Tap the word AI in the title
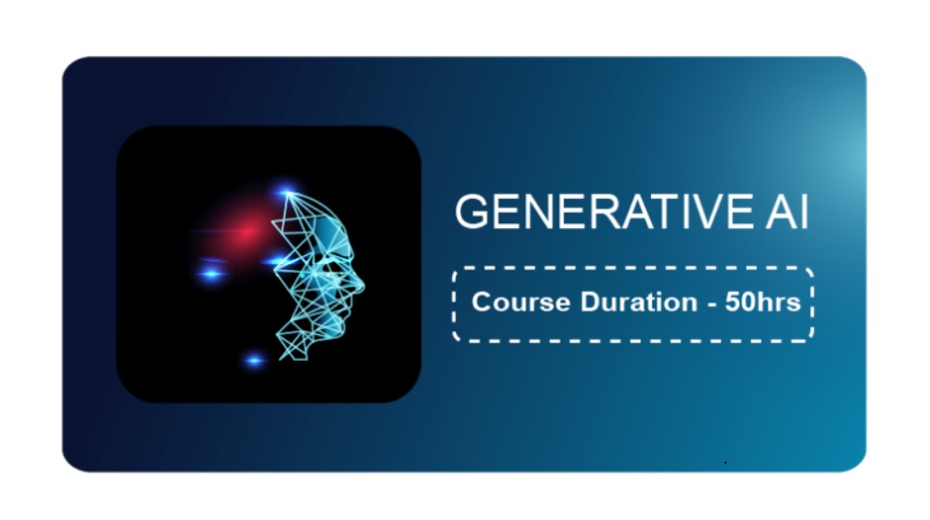coord(787,212)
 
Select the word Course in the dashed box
coord(521,301)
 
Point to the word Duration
coord(639,301)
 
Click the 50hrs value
coord(763,301)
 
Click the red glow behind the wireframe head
coord(246,232)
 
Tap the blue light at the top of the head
coord(286,192)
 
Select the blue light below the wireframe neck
coord(255,360)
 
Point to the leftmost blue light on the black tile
coord(211,273)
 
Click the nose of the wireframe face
coord(359,285)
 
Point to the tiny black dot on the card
coord(725,462)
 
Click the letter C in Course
coord(481,301)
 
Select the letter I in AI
coord(804,212)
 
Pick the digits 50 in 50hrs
coord(738,301)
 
